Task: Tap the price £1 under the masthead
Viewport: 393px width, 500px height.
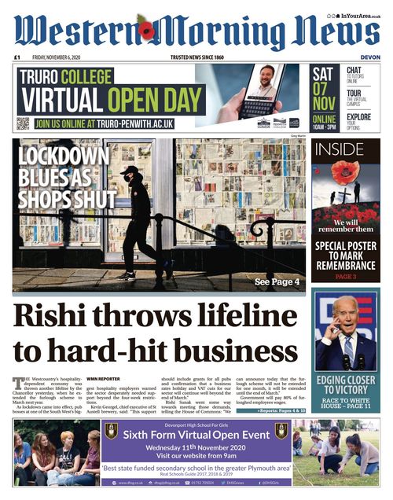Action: coord(17,57)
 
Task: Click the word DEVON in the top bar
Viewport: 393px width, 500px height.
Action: coord(369,57)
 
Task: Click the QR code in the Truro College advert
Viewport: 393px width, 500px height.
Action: coord(23,123)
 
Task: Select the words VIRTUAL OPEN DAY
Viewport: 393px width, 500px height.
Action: coord(104,101)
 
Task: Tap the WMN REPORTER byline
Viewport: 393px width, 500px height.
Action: coord(104,379)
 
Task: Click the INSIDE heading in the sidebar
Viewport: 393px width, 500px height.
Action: coord(338,149)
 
